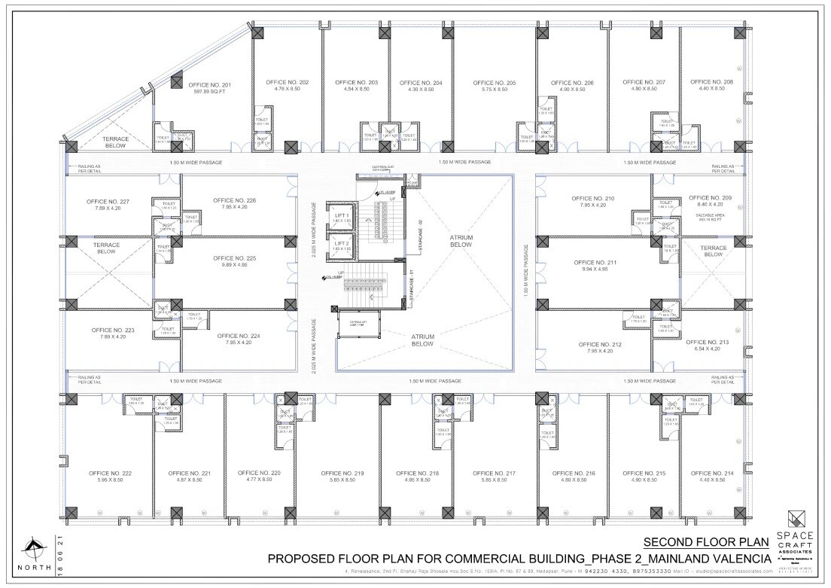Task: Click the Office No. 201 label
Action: click(x=209, y=85)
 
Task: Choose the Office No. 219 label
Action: click(x=342, y=473)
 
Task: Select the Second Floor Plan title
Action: click(x=707, y=542)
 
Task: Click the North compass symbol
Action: click(x=33, y=548)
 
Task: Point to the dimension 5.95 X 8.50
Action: click(x=111, y=480)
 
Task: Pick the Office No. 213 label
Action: click(x=708, y=342)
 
